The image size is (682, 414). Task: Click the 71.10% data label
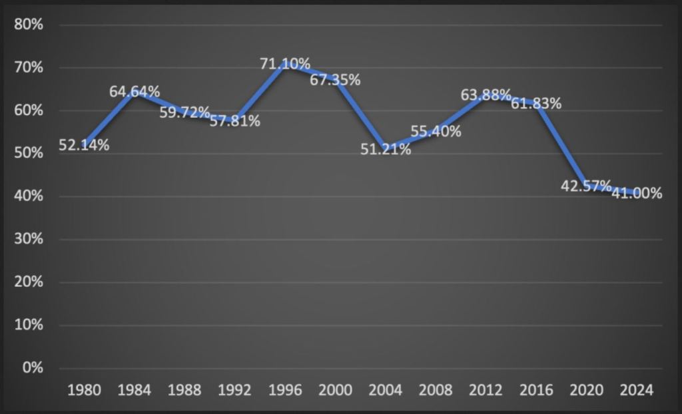285,64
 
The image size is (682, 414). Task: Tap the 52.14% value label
84,145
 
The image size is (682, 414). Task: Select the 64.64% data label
135,92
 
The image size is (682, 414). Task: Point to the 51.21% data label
386,149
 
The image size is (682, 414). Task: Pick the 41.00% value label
637,194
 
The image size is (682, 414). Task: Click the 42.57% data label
586,186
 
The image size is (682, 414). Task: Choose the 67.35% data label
335,81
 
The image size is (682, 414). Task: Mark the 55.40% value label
436,132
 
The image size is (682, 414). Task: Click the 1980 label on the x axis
84,390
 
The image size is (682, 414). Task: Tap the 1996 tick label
285,390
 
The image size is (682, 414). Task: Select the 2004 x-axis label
386,390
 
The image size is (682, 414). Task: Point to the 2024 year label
637,390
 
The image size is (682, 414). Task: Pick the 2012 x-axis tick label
486,390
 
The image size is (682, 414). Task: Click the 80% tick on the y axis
29,25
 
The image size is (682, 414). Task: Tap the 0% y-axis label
32,368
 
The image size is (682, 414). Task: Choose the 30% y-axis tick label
29,240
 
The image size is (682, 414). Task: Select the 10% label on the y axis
29,325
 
